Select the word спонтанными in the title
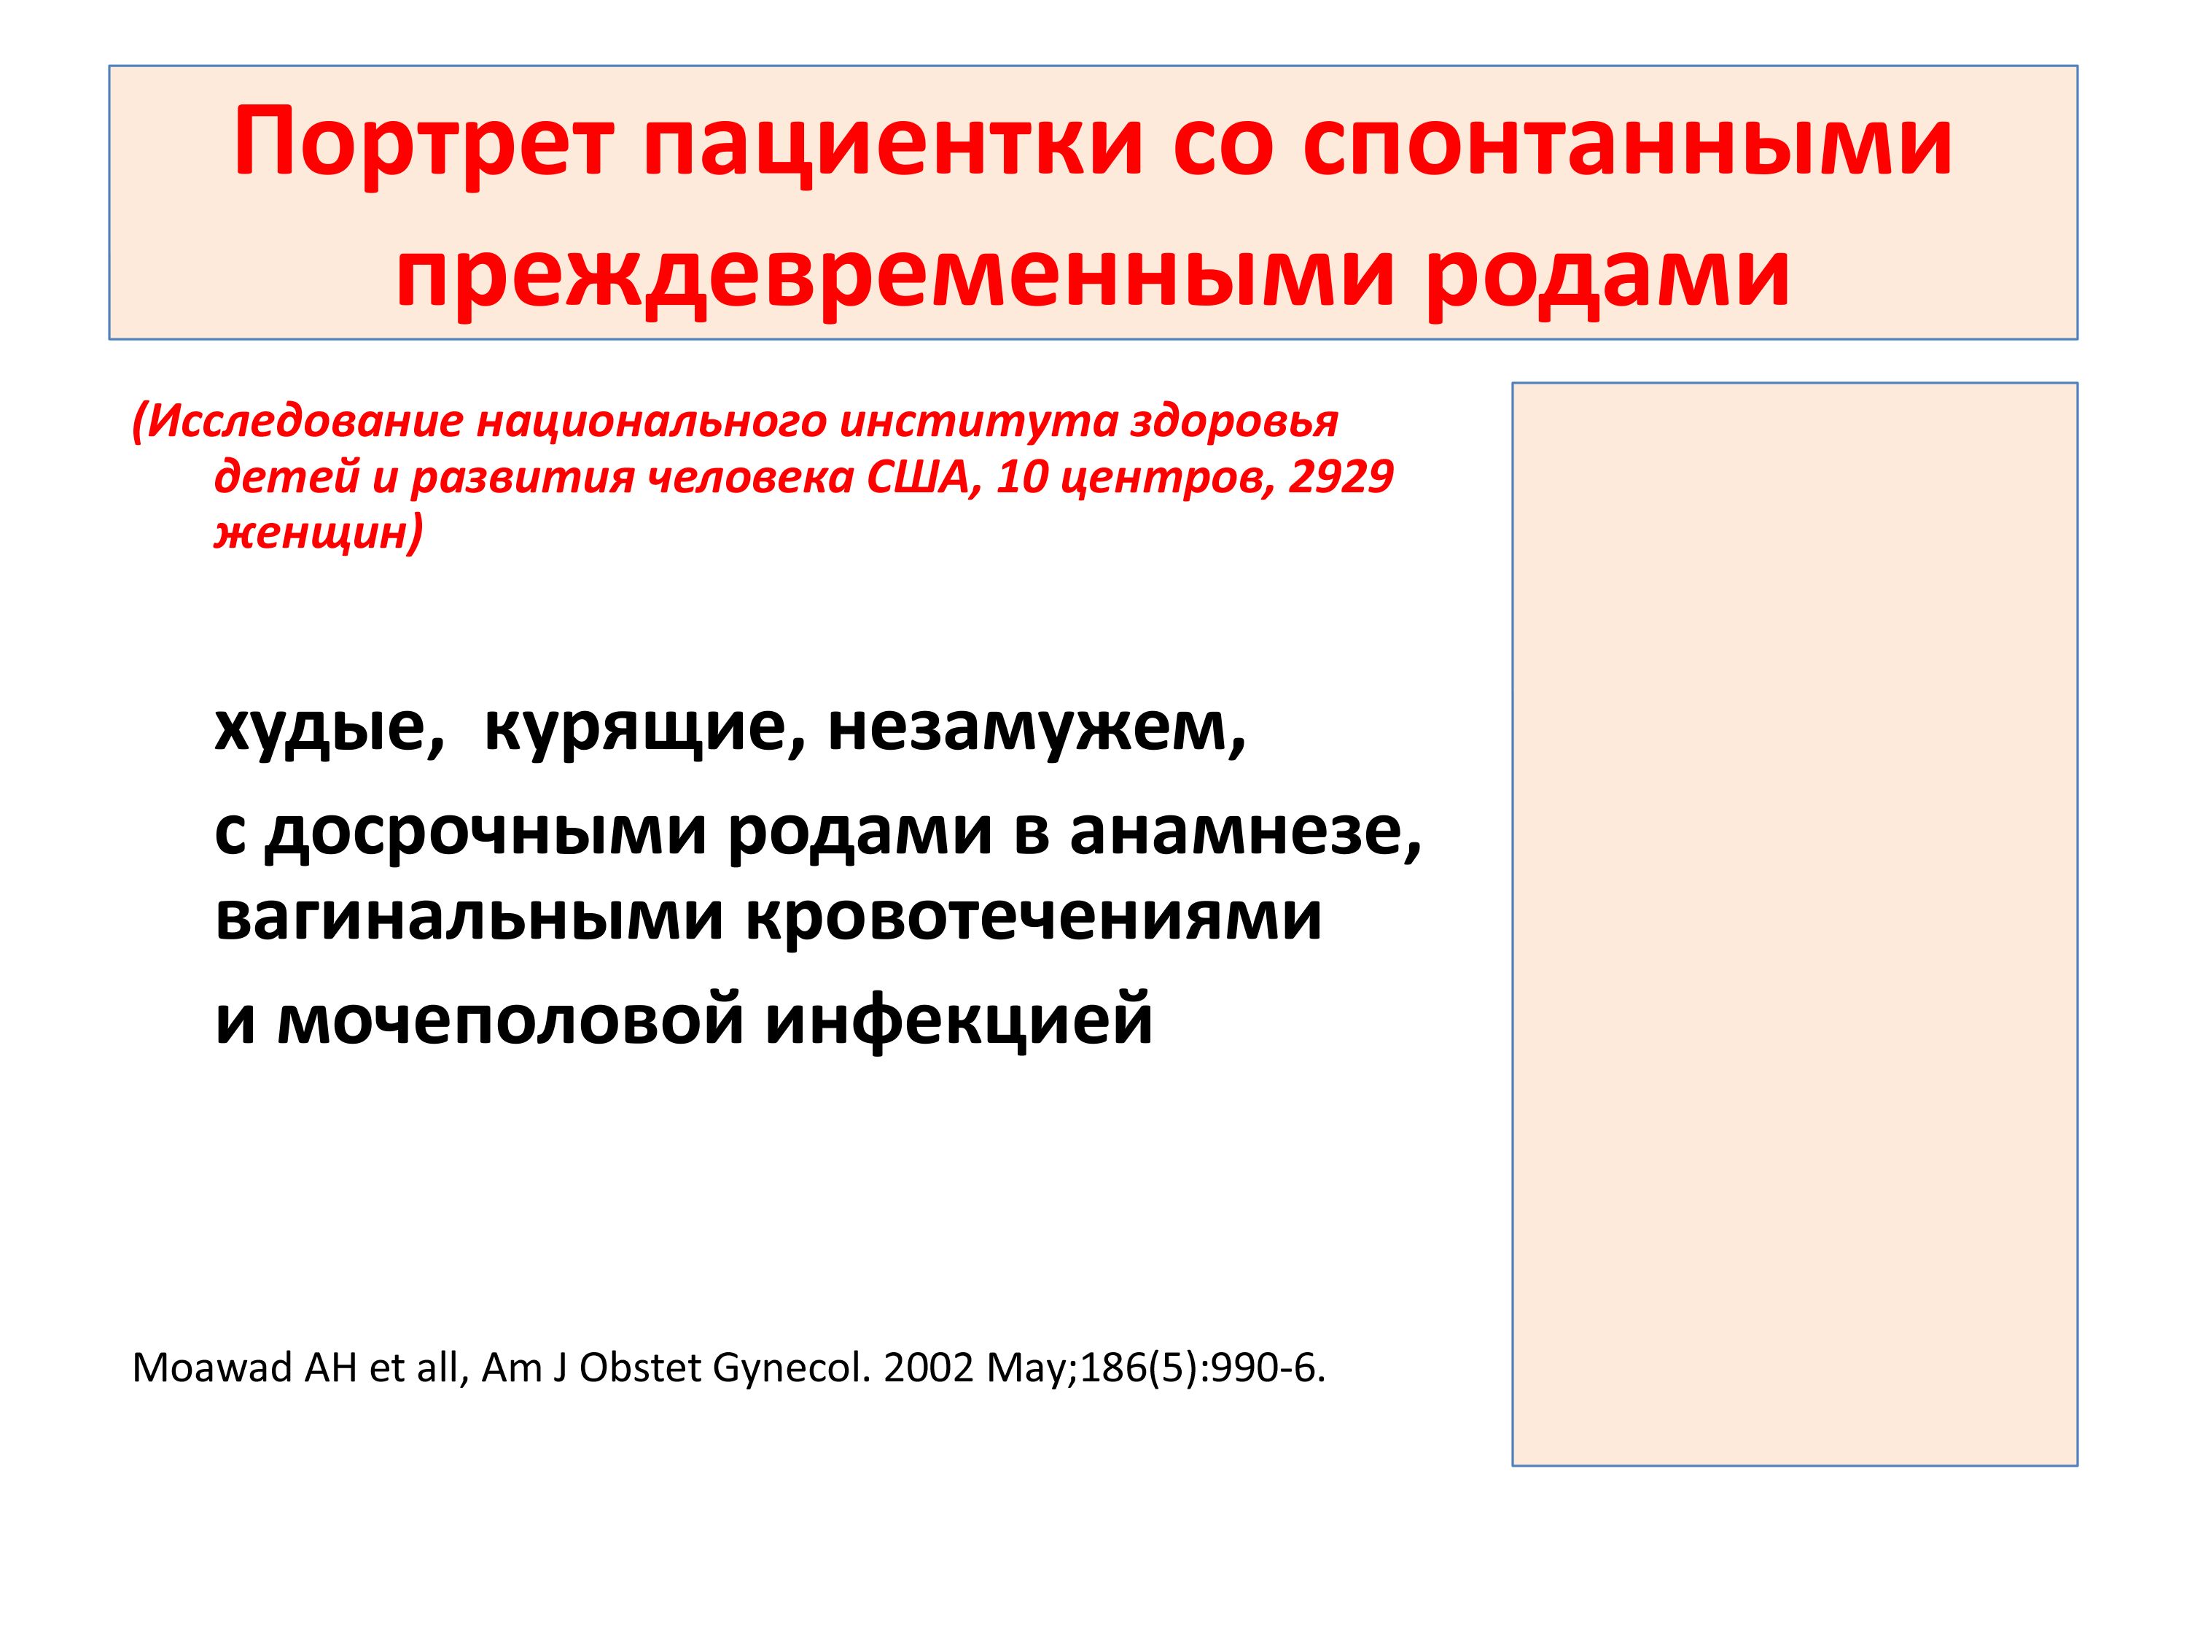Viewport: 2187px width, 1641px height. [1627, 144]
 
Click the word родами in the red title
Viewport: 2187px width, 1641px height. [1607, 274]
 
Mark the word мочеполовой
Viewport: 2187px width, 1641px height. [510, 1021]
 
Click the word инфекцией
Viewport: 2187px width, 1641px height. [959, 1021]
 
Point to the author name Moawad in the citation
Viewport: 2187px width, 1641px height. [211, 1368]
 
